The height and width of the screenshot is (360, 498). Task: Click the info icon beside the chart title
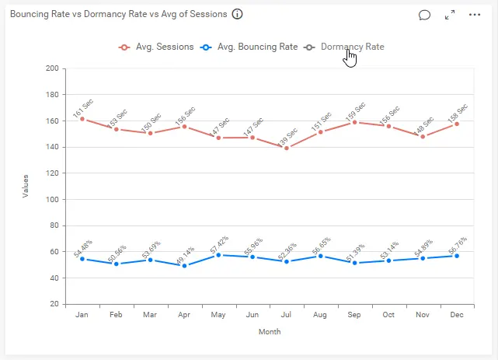coord(238,14)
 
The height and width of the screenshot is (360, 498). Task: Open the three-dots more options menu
coord(475,15)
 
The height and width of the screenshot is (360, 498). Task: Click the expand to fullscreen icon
coord(450,15)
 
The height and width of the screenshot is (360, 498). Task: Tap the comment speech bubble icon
coord(424,15)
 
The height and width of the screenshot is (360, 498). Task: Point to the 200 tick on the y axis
coord(53,68)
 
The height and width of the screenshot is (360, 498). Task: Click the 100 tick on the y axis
coord(53,200)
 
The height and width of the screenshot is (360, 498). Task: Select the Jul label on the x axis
coord(286,315)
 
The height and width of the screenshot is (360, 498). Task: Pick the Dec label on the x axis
coord(457,315)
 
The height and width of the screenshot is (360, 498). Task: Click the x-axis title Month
coord(270,332)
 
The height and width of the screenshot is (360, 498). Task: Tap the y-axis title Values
coord(26,186)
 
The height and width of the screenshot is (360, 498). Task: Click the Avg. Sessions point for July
coord(286,148)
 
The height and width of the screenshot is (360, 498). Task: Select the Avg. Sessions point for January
coord(82,119)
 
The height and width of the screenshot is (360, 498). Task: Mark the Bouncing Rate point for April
coord(184,266)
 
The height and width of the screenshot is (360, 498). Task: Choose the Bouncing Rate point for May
coord(218,254)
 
